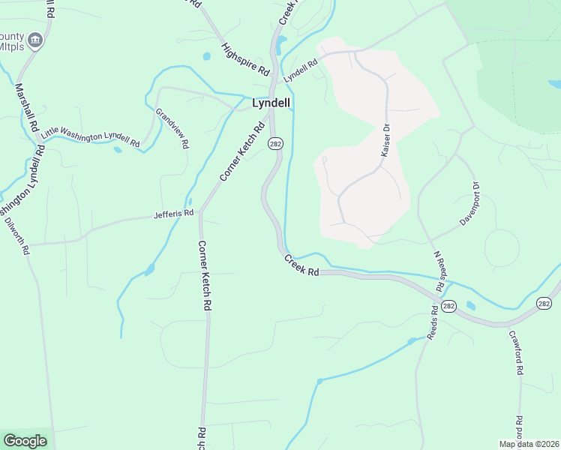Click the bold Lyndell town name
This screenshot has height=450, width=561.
[271, 103]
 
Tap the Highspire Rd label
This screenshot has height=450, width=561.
[245, 58]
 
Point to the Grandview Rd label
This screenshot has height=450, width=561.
[172, 128]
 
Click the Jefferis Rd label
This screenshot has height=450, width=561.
[174, 214]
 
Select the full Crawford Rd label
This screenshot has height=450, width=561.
[515, 353]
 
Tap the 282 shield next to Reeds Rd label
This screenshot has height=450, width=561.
[448, 306]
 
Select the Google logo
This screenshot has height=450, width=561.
[25, 440]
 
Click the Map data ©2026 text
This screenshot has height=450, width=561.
[528, 444]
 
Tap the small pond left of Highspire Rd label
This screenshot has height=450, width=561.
[206, 55]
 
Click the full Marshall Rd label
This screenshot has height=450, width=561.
[28, 106]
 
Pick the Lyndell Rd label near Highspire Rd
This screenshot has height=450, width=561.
[301, 72]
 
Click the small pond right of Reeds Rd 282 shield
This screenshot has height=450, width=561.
[471, 306]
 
